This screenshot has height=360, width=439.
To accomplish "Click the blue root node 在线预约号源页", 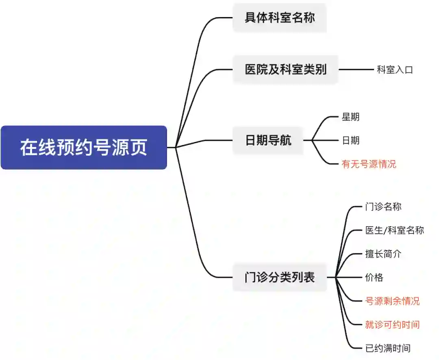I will click(84, 147).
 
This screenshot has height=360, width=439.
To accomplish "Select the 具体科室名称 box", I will click(280, 17).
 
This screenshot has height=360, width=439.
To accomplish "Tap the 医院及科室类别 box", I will click(285, 70).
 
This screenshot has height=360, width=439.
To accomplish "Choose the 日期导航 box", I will click(268, 141).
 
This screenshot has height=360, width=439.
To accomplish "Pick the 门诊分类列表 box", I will click(280, 277).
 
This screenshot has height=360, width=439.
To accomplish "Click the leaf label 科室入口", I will click(395, 70).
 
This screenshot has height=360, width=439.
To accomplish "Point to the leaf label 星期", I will click(350, 117).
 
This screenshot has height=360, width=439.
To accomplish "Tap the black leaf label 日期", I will click(350, 141).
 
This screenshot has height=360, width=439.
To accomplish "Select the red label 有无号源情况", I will click(369, 164).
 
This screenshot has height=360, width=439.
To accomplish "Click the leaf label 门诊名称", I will click(383, 207).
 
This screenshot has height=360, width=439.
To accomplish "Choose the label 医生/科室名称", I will click(394, 230).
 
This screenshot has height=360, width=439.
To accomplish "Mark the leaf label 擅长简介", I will click(383, 254).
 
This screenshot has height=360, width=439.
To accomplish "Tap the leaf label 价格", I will click(374, 277).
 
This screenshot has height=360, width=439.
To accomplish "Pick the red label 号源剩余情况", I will click(392, 301).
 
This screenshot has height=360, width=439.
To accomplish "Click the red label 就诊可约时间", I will click(392, 325).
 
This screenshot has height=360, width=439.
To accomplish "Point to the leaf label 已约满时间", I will click(388, 348).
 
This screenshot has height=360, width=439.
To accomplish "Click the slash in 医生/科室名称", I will click(385, 231).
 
